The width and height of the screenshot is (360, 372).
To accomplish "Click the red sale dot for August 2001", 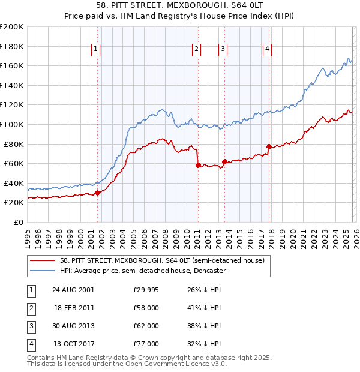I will coord(97,193).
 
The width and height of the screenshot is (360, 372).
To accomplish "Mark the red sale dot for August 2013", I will coord(224,161).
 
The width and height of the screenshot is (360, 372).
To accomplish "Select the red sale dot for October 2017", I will coord(269,146).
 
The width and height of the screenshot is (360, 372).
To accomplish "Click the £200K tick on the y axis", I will coord(12,27).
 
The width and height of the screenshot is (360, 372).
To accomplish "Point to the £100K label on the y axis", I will coord(12,124).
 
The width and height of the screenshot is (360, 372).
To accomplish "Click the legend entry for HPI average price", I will coord(142,271).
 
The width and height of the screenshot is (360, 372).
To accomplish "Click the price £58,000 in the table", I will coord(146,308).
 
